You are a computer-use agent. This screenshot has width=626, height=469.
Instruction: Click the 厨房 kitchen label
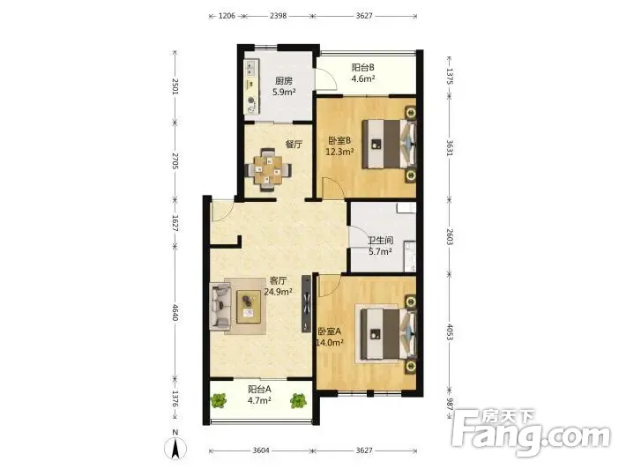tap(283, 81)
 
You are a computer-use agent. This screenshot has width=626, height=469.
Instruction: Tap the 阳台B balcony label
tap(362, 68)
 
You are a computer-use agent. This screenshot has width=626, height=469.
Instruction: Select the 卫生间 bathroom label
tap(380, 241)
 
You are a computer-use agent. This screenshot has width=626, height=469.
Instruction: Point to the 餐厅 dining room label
tap(294, 144)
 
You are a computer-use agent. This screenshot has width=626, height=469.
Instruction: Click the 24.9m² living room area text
tap(278, 292)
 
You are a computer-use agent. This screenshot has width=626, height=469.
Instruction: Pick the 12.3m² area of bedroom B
tap(339, 152)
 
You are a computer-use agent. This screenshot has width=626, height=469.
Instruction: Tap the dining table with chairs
tap(268, 169)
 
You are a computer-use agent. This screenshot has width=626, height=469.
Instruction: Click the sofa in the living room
tap(220, 306)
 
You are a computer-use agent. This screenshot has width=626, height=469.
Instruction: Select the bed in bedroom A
tap(388, 334)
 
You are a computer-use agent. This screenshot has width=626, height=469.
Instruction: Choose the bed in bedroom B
tap(389, 144)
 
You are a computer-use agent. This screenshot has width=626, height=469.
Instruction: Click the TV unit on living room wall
tap(306, 304)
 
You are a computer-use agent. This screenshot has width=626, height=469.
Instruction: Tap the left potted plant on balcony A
tap(219, 400)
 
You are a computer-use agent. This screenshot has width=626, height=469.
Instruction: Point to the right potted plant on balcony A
tap(298, 400)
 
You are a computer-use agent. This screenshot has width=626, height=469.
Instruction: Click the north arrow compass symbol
tap(175, 447)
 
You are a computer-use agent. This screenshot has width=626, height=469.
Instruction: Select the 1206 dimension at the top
tap(227, 16)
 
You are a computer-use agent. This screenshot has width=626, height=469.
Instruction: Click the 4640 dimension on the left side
tap(175, 312)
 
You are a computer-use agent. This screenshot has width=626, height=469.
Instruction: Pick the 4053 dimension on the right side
tap(449, 331)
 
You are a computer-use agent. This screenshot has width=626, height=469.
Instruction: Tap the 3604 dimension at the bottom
tap(261, 450)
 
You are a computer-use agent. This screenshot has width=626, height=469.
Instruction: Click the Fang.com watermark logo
tap(532, 432)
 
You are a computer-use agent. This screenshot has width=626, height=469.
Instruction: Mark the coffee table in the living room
tap(249, 307)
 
